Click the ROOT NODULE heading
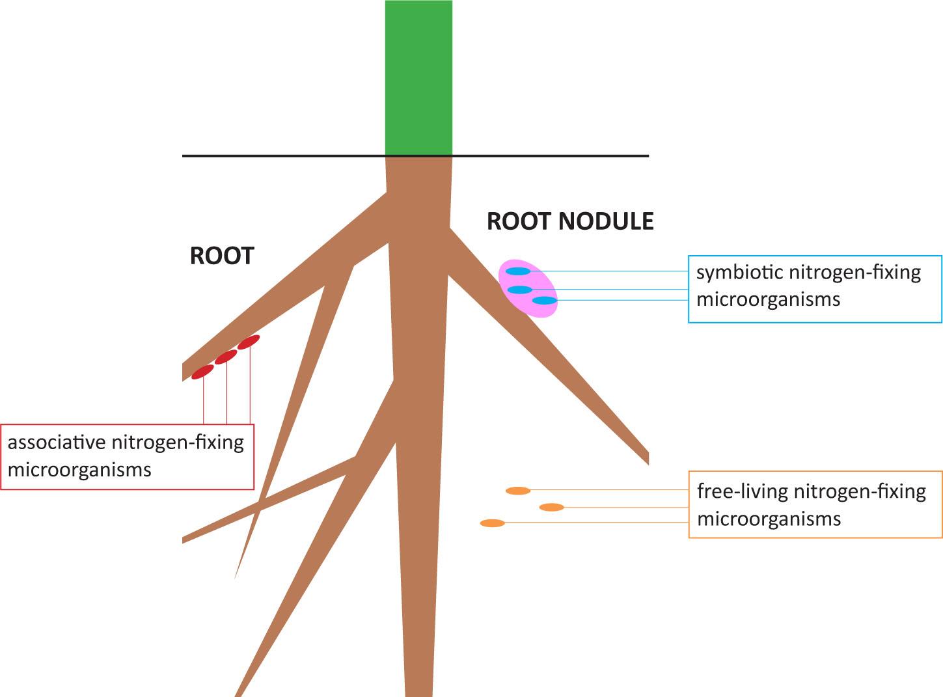point(570,221)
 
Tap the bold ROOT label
point(221,256)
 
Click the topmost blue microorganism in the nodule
point(518,271)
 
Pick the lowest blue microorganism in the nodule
point(545,300)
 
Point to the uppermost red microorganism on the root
point(249,342)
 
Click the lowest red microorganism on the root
point(202,372)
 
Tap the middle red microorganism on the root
point(226,357)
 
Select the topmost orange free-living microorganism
point(518,491)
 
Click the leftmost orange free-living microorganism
point(492,523)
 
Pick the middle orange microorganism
point(551,507)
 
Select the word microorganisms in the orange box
point(769,519)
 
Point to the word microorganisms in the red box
point(79,469)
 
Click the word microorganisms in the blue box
point(768,299)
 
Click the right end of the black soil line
point(647,156)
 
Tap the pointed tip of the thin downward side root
point(236,577)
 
